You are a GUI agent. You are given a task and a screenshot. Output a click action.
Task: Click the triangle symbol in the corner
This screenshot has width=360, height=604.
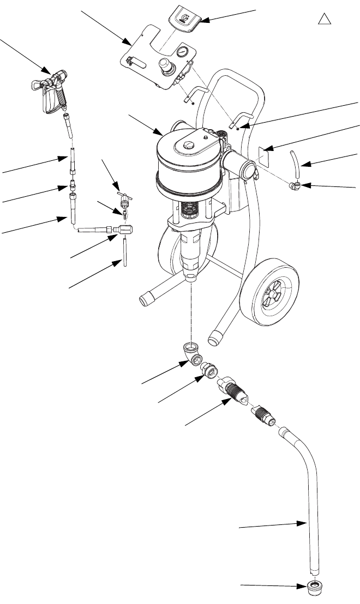[x=325, y=19]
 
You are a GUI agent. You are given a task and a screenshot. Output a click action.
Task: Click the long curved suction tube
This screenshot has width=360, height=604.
[x=312, y=491]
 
